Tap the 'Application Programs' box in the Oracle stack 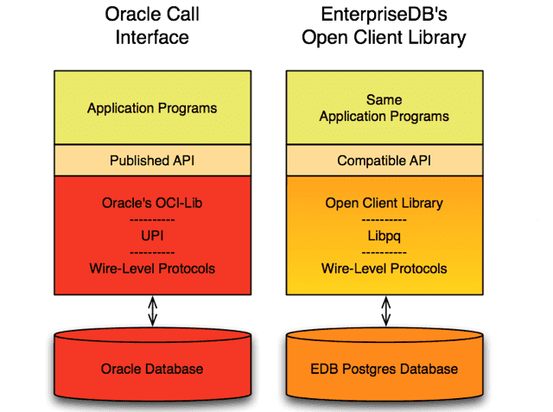pyautogui.click(x=152, y=109)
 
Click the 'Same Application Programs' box pyautogui.click(x=384, y=108)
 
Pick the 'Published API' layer pyautogui.click(x=152, y=161)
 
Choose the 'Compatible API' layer pyautogui.click(x=384, y=161)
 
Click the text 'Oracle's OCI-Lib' pyautogui.click(x=152, y=204)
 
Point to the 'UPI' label pyautogui.click(x=152, y=236)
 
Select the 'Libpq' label pyautogui.click(x=384, y=236)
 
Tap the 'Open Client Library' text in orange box pyautogui.click(x=384, y=204)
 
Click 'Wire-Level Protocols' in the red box pyautogui.click(x=152, y=269)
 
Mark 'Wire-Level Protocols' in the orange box pyautogui.click(x=384, y=269)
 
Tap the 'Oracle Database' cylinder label pyautogui.click(x=152, y=369)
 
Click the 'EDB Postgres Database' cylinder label pyautogui.click(x=384, y=369)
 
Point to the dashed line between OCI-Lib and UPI pyautogui.click(x=152, y=220)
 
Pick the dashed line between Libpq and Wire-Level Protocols pyautogui.click(x=384, y=252)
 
